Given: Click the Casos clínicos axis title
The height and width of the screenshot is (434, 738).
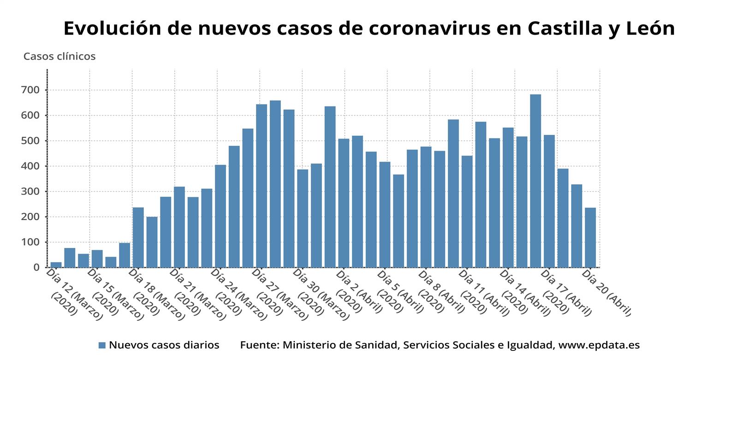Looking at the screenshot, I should (60, 56).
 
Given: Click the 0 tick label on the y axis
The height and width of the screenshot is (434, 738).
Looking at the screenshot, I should (37, 267).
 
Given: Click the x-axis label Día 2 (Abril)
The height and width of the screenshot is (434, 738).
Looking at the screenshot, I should (358, 292).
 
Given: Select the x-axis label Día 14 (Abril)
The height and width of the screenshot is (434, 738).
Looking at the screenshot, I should (525, 293).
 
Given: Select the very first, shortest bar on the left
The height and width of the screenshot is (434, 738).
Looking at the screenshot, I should (56, 265).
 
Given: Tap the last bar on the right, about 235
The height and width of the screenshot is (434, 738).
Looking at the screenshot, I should (590, 237).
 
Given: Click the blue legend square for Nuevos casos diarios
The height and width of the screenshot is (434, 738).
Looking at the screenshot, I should (102, 345).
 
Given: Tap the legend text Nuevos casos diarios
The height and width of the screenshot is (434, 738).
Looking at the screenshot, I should (164, 345).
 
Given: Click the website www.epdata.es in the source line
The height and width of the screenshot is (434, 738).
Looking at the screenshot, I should (599, 345).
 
